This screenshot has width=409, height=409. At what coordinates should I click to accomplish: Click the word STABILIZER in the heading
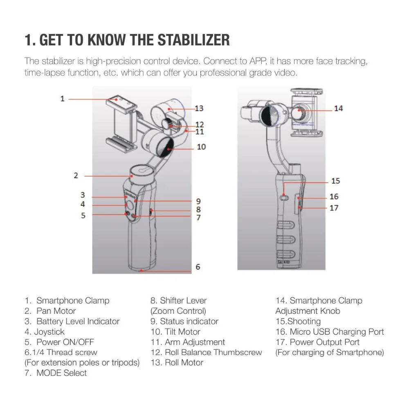pos(193,40)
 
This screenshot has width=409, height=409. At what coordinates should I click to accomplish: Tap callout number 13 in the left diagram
pos(199,108)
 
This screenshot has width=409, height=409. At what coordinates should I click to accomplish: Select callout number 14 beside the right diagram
pos(338,108)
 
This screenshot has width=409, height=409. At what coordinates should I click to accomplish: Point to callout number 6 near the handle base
pos(198,267)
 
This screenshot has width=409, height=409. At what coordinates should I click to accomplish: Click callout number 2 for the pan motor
pos(76,175)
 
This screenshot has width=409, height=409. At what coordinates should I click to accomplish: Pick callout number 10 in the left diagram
pos(201,146)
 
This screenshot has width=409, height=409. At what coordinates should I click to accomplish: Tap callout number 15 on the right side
pos(336,181)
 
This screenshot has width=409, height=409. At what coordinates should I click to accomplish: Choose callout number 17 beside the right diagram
pos(334,208)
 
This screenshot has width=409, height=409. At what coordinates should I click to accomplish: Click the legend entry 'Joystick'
pos(49,332)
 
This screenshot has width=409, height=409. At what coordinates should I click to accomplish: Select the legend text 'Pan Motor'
pos(56,311)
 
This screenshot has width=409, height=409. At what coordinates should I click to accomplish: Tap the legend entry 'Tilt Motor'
pos(182,332)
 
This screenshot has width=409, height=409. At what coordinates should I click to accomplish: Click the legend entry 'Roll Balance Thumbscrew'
pos(213,352)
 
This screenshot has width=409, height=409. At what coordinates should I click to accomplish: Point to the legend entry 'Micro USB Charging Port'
pos(337,332)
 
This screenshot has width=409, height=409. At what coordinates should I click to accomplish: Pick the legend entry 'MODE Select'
pos(62,373)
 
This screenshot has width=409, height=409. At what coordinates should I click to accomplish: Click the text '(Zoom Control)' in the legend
pos(178,311)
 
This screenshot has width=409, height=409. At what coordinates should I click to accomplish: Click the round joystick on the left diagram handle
pos(130,205)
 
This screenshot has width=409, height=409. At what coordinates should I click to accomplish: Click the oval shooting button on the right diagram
pos(284,198)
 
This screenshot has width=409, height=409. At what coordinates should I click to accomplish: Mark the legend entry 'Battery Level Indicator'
pos(78,321)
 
